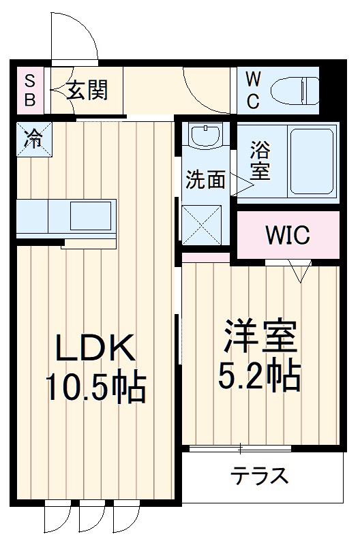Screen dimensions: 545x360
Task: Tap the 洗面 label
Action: (205, 179)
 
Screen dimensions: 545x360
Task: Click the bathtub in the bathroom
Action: (312, 161)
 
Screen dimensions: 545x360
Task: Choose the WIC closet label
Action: (287, 236)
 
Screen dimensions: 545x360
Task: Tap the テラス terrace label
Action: (258, 475)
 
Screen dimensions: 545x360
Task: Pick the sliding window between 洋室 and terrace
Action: (240, 448)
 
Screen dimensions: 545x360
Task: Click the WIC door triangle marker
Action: (299, 271)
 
